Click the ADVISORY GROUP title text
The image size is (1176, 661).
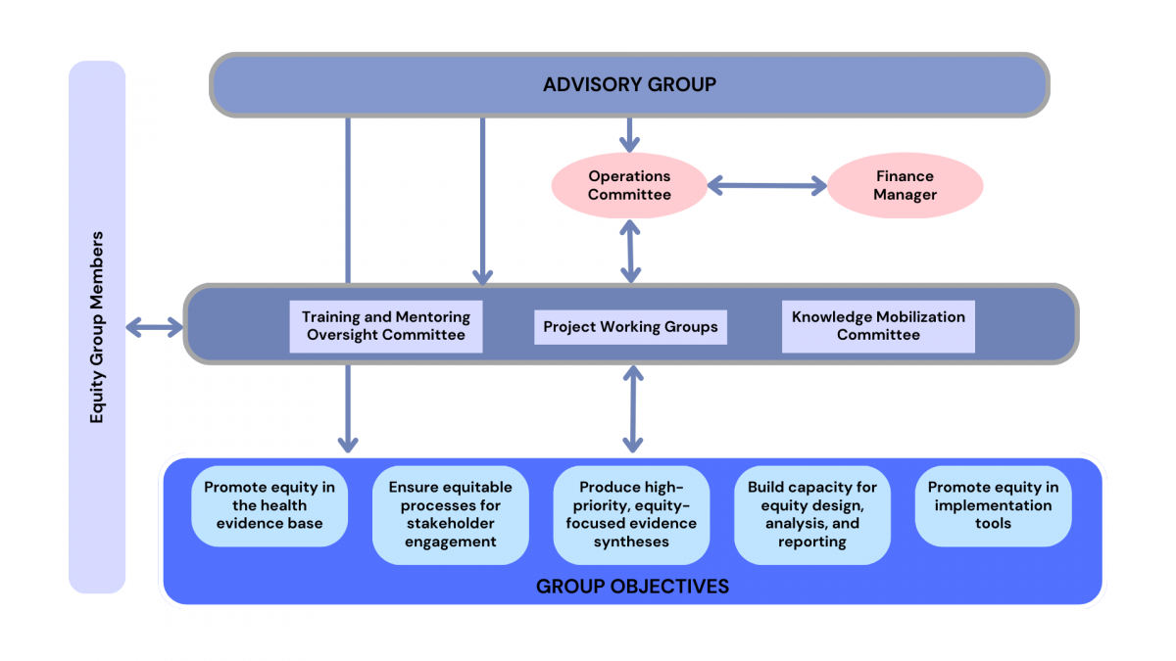tap(629, 85)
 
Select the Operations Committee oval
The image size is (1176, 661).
tap(629, 185)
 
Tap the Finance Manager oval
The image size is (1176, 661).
tap(905, 185)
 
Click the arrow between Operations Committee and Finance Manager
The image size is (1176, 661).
tap(767, 185)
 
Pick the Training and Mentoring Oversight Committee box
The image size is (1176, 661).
tap(386, 326)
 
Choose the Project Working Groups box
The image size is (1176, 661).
tap(630, 326)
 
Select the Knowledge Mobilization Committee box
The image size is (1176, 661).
tap(878, 326)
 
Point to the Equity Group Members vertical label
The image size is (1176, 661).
tap(97, 327)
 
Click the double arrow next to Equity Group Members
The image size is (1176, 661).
tap(155, 327)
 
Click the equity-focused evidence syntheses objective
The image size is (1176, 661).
tap(631, 515)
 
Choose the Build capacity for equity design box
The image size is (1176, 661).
tap(812, 515)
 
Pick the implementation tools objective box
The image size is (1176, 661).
tap(993, 506)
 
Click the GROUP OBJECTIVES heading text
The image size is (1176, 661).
tap(632, 587)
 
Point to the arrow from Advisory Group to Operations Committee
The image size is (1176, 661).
tap(629, 134)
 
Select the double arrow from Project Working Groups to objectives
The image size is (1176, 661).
tap(633, 408)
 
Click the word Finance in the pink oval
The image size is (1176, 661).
tap(905, 176)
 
